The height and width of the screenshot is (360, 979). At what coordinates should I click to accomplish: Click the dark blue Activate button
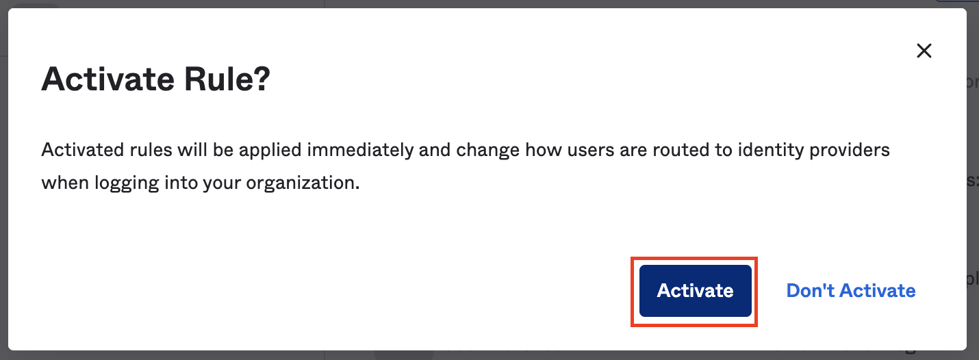(x=695, y=291)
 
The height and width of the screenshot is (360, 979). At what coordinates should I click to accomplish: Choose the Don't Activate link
(x=850, y=291)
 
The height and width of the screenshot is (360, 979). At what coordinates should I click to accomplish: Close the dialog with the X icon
(x=924, y=51)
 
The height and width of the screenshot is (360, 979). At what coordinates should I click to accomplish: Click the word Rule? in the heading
(x=227, y=79)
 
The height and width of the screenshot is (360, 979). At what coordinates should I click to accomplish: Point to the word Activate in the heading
(x=108, y=79)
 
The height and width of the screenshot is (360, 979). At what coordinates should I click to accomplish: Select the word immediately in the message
(x=360, y=151)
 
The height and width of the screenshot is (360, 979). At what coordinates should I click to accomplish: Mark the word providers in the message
(x=850, y=151)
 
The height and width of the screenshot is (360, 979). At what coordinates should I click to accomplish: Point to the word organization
(x=303, y=183)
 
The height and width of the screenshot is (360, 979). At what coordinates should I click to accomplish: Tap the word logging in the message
(x=127, y=183)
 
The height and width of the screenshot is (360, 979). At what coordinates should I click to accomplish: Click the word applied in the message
(x=270, y=151)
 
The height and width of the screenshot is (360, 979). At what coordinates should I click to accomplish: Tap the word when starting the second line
(x=65, y=183)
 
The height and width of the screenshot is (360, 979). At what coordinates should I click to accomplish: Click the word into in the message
(x=181, y=183)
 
